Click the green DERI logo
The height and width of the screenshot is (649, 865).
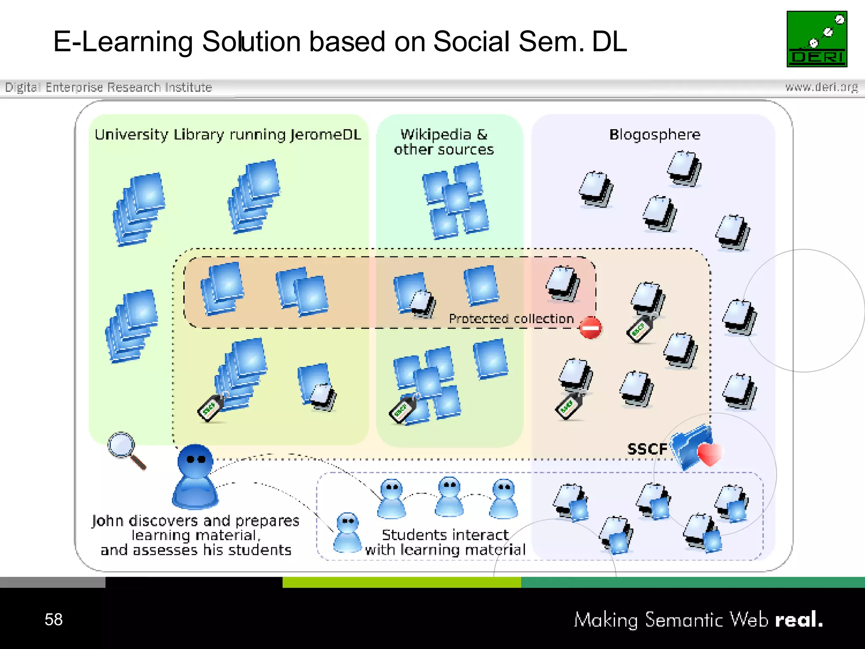pyautogui.click(x=816, y=39)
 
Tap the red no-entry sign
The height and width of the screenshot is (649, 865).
pyautogui.click(x=590, y=328)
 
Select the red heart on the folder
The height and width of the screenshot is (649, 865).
pyautogui.click(x=710, y=454)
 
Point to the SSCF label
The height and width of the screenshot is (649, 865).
pyautogui.click(x=647, y=449)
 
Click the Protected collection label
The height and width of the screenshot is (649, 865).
pyautogui.click(x=511, y=319)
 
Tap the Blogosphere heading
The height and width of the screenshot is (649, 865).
pyautogui.click(x=654, y=134)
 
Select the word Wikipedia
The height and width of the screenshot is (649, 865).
pyautogui.click(x=435, y=134)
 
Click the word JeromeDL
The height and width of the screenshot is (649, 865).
pyautogui.click(x=326, y=134)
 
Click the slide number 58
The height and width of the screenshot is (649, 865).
pyautogui.click(x=54, y=619)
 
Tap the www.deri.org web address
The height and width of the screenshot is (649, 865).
pyautogui.click(x=821, y=87)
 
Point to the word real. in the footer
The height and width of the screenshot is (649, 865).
pyautogui.click(x=799, y=619)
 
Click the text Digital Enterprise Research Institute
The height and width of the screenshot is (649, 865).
pyautogui.click(x=109, y=87)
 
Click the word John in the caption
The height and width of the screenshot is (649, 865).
pyautogui.click(x=108, y=521)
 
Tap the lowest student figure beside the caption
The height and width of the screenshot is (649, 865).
pyautogui.click(x=347, y=532)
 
